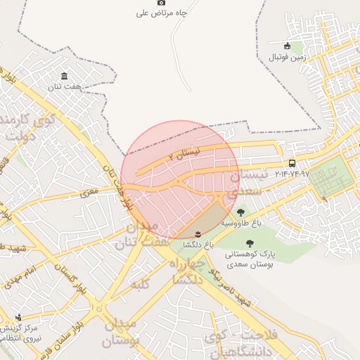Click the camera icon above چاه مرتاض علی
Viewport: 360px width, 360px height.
click(161, 3)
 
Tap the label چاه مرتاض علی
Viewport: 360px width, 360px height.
click(161, 13)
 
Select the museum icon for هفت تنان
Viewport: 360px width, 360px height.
click(65, 76)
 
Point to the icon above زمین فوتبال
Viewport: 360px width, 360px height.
click(286, 46)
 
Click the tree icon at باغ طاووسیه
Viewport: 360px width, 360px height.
click(241, 212)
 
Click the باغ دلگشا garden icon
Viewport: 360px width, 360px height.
click(198, 233)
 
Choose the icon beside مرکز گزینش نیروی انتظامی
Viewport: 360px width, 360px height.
click(19, 316)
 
